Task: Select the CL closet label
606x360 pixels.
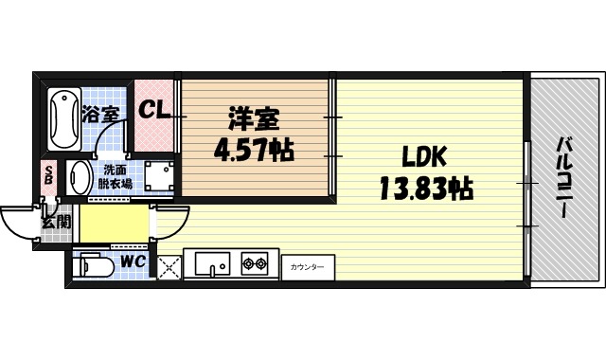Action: point(154,110)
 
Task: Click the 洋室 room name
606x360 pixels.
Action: point(253,120)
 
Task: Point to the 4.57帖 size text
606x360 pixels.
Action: point(253,149)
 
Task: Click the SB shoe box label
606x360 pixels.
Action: point(47,177)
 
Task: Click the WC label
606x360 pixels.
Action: point(132,261)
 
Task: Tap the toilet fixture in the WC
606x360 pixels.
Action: point(94,265)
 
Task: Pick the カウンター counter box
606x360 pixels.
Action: point(307,267)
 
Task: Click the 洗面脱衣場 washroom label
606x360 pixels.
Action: point(114,177)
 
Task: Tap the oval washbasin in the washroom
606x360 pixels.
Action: point(79,177)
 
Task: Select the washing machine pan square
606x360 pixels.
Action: point(157,175)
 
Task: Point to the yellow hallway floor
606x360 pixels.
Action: point(114,225)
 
